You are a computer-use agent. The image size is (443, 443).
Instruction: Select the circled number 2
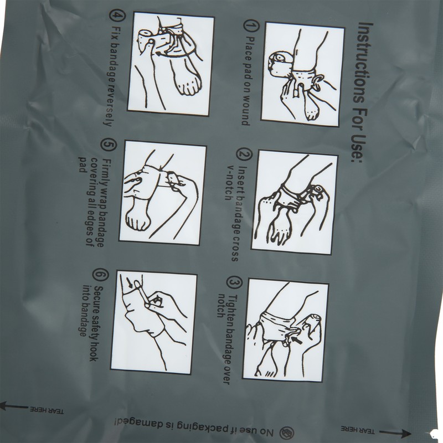point(241,154)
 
